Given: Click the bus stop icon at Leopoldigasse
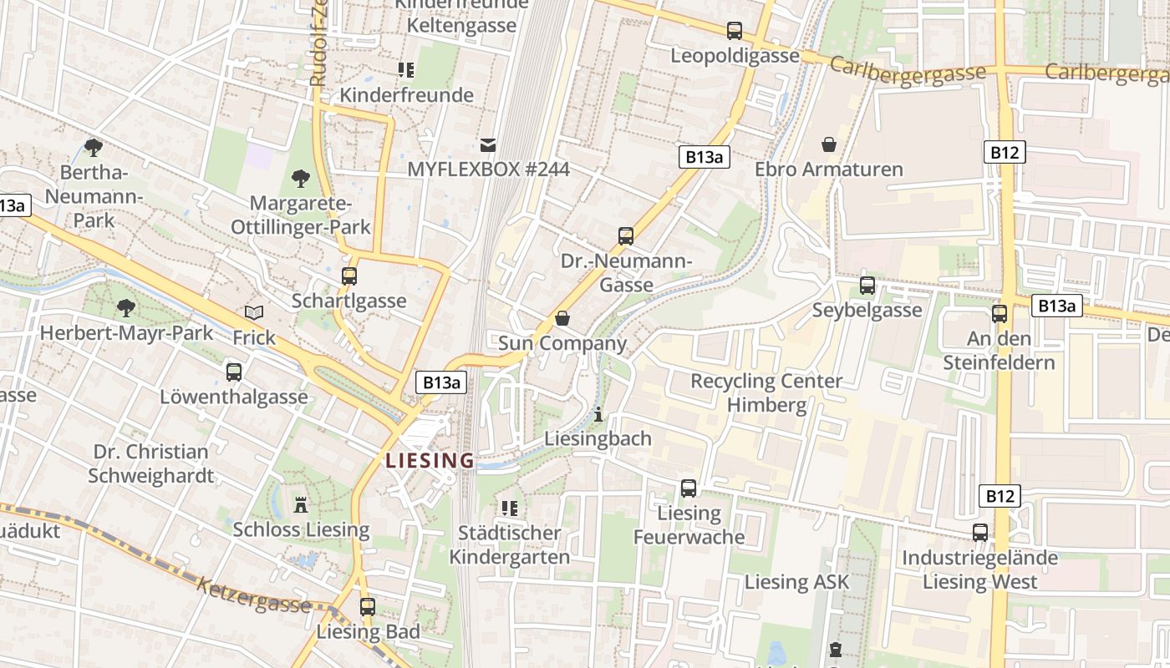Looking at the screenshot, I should click(735, 31).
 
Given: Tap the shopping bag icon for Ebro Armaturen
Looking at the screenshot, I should click(829, 144).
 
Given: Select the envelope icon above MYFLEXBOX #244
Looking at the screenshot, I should click(488, 145).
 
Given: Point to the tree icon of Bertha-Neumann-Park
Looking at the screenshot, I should click(94, 148).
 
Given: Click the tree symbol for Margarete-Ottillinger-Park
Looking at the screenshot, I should click(300, 178).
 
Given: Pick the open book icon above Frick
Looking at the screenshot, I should click(254, 313).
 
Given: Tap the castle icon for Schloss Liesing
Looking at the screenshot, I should click(301, 504).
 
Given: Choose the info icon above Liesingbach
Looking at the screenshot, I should click(598, 414).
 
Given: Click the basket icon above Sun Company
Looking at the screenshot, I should click(562, 318).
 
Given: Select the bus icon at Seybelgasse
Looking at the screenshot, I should click(867, 286).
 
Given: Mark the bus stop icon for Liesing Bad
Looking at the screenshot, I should click(368, 607).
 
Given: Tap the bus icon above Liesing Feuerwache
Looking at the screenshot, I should click(689, 488).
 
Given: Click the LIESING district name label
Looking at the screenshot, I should click(430, 460).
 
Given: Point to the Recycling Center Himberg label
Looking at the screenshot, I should click(766, 393).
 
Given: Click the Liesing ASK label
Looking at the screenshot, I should click(796, 582).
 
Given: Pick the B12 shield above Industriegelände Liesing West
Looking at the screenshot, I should click(999, 496).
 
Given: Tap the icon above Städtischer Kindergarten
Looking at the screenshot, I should click(510, 508).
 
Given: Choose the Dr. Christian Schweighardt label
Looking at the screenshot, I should click(151, 463).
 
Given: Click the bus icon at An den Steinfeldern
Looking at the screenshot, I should click(1000, 314).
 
